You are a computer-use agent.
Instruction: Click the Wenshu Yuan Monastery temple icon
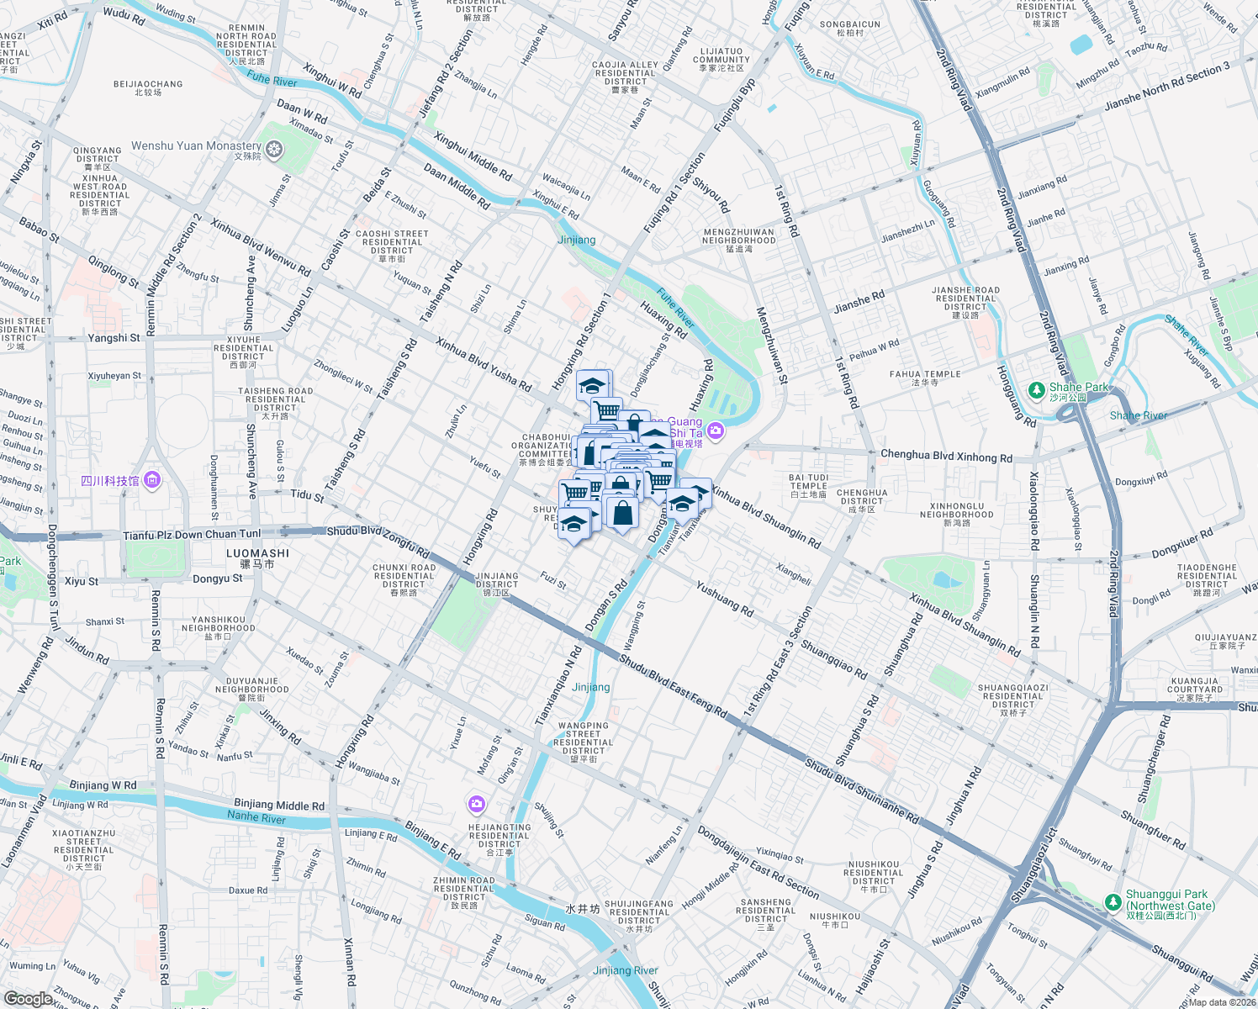(x=274, y=150)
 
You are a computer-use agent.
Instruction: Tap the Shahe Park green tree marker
(x=1037, y=390)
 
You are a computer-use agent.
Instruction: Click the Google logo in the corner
(x=29, y=998)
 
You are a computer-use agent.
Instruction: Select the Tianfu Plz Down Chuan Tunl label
(x=192, y=535)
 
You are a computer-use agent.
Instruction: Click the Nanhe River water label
(x=256, y=817)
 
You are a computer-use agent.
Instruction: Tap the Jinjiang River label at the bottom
(x=626, y=970)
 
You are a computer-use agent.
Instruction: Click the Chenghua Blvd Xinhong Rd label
(x=946, y=456)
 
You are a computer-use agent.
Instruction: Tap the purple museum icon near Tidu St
(x=152, y=480)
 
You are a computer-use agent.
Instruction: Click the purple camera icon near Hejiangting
(x=477, y=805)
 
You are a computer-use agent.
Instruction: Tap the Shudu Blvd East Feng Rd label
(x=673, y=685)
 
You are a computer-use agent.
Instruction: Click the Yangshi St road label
(x=114, y=338)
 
